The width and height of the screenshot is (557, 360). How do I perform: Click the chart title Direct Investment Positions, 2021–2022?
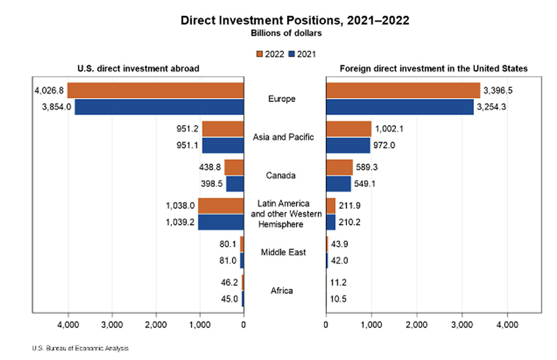(x=295, y=21)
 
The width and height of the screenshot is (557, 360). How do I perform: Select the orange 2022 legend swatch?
(x=260, y=54)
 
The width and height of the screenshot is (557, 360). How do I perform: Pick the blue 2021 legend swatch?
(x=293, y=54)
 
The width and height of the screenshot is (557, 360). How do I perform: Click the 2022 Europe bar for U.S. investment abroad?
(x=155, y=90)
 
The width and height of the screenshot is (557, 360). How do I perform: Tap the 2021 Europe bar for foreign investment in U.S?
(x=399, y=106)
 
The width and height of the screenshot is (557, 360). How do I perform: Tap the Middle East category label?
(x=284, y=252)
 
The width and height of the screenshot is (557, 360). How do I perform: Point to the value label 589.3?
(x=367, y=167)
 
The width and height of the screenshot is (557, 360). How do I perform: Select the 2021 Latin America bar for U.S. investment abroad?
(x=221, y=222)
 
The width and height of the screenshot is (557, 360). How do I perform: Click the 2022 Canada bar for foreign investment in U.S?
(x=339, y=167)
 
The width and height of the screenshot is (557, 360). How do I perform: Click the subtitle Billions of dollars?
(x=295, y=33)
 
